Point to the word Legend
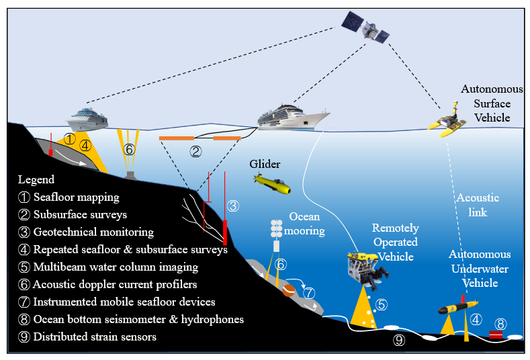(x=36, y=180)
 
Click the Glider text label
(x=264, y=165)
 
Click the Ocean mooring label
(x=308, y=224)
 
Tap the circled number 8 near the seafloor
(x=500, y=322)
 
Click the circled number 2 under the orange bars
(x=196, y=152)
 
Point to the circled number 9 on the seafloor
(x=399, y=341)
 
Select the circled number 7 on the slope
(x=308, y=293)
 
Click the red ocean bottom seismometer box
(x=496, y=334)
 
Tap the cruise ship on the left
(x=87, y=118)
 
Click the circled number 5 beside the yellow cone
(x=381, y=304)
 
